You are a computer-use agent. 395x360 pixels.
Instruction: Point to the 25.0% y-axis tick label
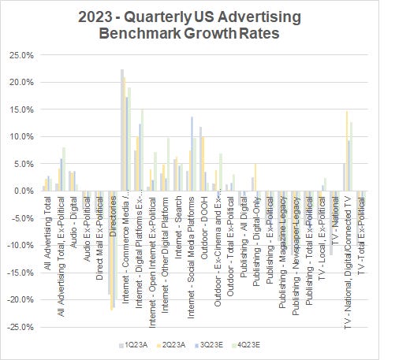[22, 55]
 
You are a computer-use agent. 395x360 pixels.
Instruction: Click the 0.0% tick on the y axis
[25, 191]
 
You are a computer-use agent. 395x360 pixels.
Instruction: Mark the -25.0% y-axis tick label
[21, 326]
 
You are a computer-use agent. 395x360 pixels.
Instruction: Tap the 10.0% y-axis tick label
[22, 136]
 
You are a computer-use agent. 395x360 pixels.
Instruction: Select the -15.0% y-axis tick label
[21, 272]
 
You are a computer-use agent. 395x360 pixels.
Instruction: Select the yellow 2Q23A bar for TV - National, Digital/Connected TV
[346, 150]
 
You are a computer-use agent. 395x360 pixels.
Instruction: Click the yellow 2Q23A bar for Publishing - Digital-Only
[255, 177]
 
